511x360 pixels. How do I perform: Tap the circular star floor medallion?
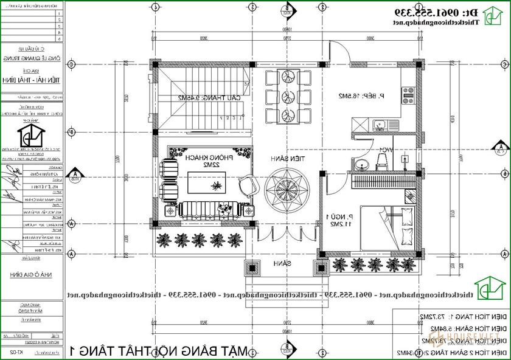pyautogui.click(x=286, y=186)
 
